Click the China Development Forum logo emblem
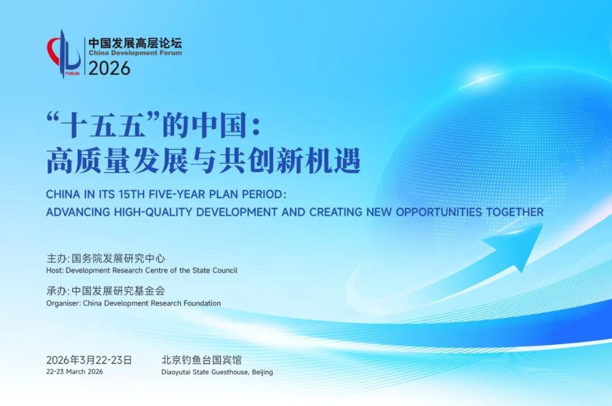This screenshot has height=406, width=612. (63, 54)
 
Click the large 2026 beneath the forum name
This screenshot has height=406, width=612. (109, 68)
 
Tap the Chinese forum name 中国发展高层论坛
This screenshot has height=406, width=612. (135, 43)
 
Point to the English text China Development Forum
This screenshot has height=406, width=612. (135, 53)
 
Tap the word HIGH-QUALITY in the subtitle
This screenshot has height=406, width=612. (154, 212)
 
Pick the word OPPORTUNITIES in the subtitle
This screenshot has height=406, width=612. (439, 212)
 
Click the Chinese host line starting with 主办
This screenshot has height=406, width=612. (106, 259)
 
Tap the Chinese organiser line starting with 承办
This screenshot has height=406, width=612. (106, 291)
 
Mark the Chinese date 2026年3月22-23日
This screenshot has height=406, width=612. (89, 360)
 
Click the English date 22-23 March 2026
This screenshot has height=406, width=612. (75, 371)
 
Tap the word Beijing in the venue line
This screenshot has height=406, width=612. (262, 373)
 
